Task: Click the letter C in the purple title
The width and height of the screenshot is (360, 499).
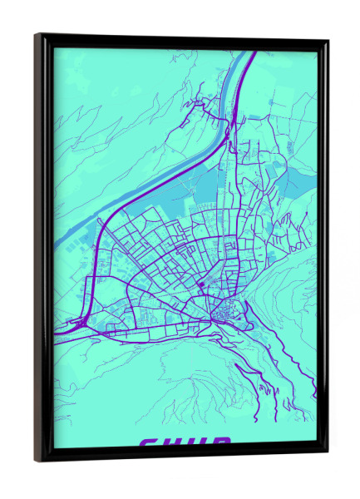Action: [x=149, y=443]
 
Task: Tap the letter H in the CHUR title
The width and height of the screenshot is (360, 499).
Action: [x=173, y=443]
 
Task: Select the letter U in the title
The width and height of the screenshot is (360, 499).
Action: [x=197, y=443]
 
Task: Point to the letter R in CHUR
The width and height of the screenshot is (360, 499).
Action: [x=220, y=443]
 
